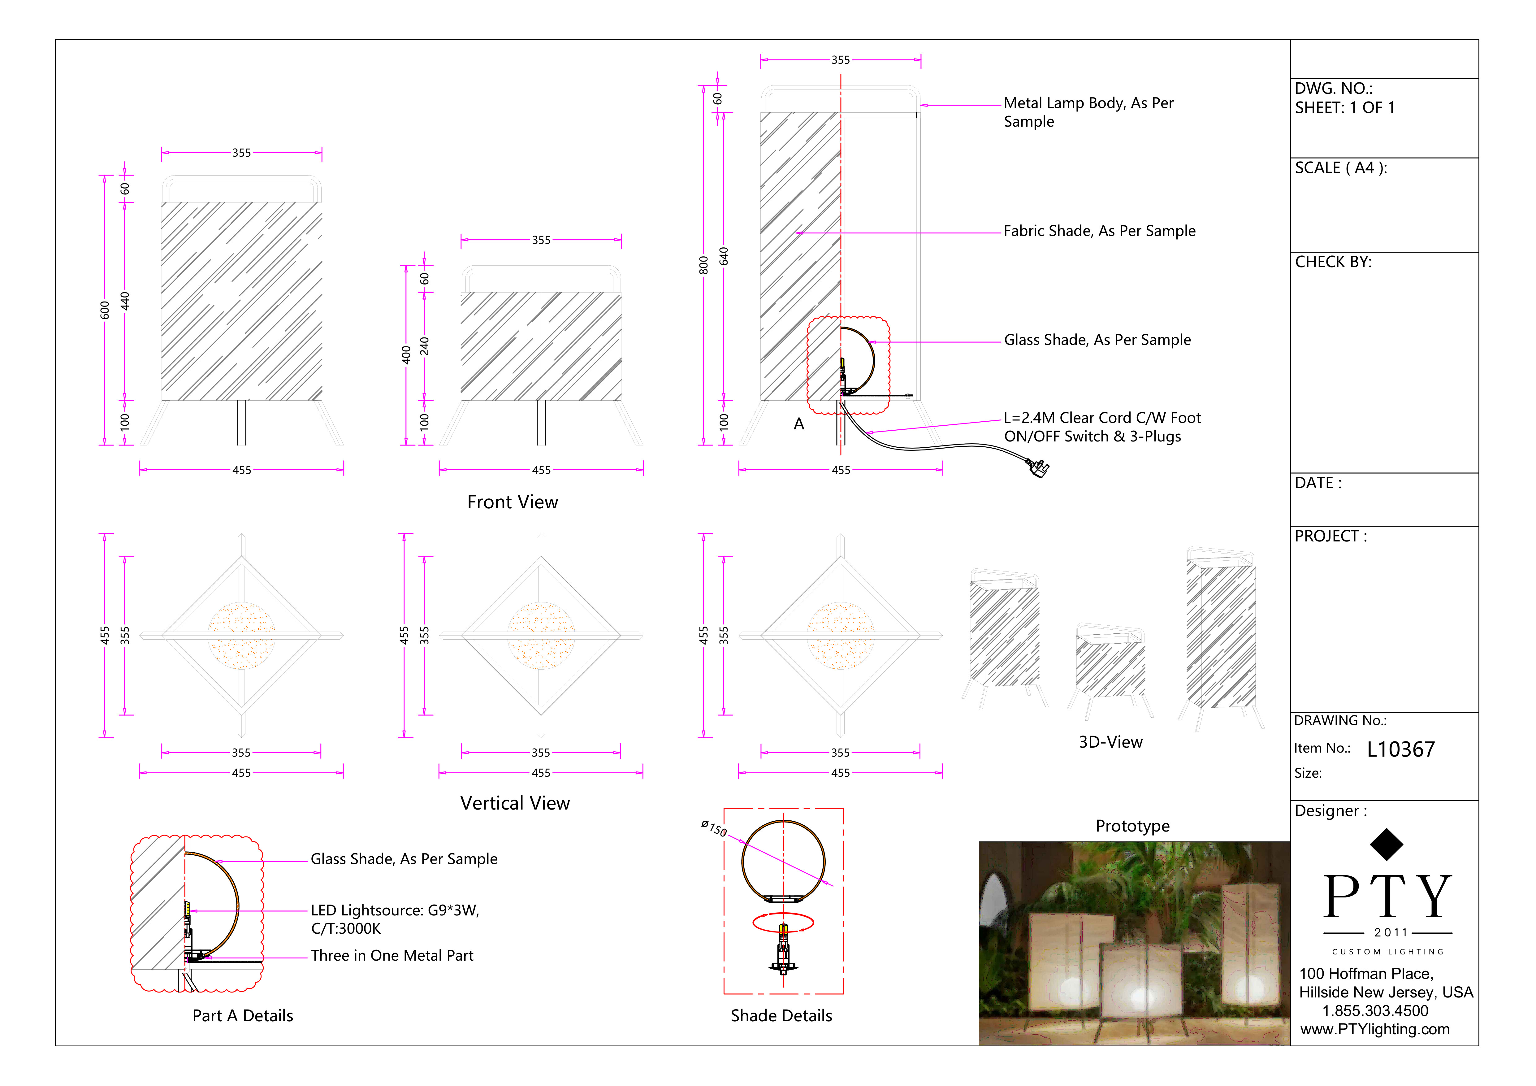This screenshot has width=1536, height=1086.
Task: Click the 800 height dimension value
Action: [x=703, y=265]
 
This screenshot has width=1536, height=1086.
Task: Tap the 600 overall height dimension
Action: [x=104, y=310]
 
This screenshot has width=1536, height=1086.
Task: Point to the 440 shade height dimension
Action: [x=124, y=301]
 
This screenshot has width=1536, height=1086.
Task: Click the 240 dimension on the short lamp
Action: [x=424, y=346]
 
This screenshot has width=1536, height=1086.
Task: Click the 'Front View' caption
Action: [x=513, y=502]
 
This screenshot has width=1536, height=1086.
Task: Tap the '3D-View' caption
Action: [x=1110, y=742]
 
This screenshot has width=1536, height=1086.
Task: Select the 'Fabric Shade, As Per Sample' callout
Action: [x=1099, y=231]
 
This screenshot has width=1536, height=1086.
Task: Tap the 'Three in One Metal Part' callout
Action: [x=392, y=956]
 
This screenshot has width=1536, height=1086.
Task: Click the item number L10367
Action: [x=1400, y=749]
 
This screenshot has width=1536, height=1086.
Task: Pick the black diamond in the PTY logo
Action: [x=1386, y=845]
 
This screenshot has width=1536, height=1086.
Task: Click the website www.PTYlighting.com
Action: [x=1375, y=1029]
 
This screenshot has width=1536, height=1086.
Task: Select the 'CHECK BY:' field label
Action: [x=1333, y=262]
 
